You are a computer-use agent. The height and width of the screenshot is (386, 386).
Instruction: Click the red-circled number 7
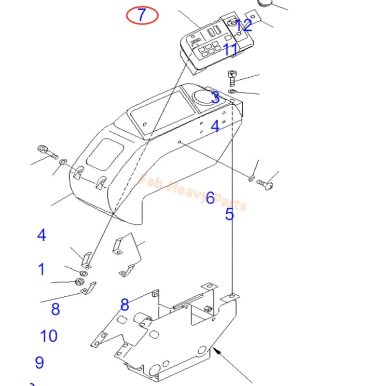(x=142, y=15)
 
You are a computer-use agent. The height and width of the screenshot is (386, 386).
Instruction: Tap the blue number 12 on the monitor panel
(x=244, y=26)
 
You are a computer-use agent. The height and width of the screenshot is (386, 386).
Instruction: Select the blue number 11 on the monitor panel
(x=231, y=49)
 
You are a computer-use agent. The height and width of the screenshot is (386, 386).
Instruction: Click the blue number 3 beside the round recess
(x=215, y=98)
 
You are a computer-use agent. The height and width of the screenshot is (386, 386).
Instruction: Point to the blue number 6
(x=210, y=198)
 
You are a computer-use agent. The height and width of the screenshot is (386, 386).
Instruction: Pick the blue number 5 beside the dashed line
(x=229, y=214)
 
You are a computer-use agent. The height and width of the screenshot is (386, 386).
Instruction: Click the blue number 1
(x=41, y=269)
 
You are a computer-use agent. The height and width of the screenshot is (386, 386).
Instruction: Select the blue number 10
(x=49, y=336)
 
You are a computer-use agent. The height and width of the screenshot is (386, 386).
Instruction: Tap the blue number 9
(x=40, y=362)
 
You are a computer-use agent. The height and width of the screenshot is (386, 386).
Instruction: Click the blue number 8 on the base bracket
(x=125, y=305)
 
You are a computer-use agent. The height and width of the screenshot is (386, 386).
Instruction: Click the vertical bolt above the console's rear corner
(x=232, y=78)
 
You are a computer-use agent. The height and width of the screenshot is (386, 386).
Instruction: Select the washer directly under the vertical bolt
(x=232, y=91)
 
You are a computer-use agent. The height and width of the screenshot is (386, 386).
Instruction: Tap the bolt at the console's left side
(x=47, y=152)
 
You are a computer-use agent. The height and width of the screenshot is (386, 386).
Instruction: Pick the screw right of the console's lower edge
(x=265, y=183)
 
